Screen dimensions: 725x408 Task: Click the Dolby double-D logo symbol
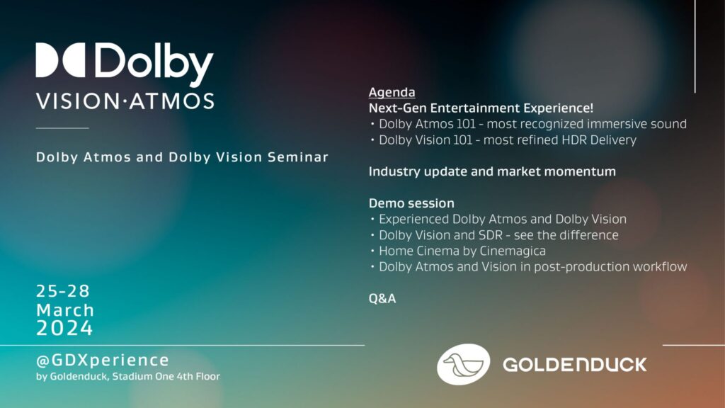point(61,60)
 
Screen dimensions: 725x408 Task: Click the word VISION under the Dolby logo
point(78,101)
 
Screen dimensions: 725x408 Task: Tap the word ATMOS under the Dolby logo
point(171,101)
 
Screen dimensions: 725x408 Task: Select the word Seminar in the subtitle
point(298,157)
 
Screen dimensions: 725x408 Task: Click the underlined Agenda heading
point(392,93)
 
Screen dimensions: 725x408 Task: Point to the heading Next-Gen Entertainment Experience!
point(481,108)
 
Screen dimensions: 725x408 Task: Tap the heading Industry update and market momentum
point(492,171)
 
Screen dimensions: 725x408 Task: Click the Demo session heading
point(411,203)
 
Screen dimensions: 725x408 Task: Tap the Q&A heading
point(382,299)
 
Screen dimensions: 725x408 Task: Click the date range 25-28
point(63,291)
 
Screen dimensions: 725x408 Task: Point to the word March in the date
point(65,310)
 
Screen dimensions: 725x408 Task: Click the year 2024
point(64,329)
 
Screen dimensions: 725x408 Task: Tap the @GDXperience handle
point(103,361)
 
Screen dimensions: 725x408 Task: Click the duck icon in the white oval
point(463,365)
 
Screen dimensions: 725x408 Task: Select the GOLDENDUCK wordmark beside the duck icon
point(575,365)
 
